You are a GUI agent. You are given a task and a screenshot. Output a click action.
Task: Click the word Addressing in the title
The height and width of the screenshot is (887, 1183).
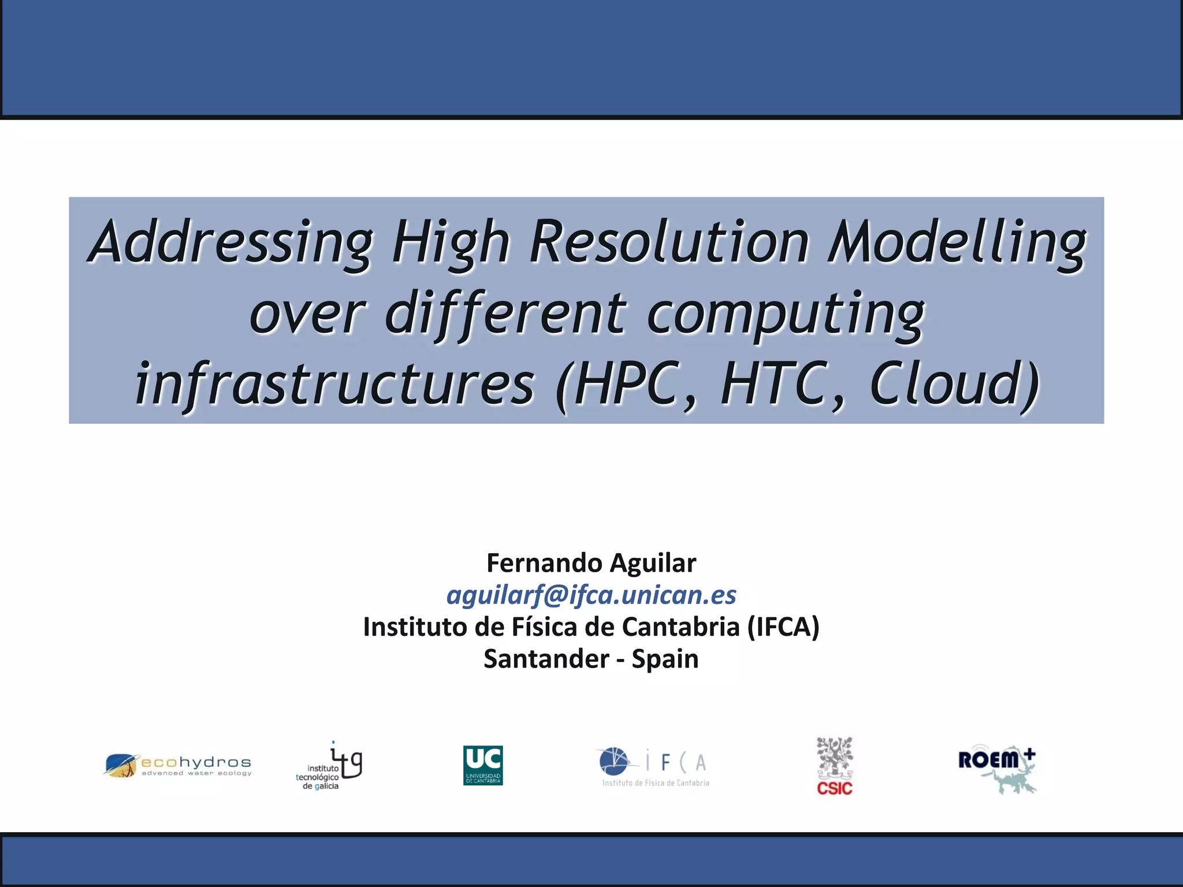(231, 243)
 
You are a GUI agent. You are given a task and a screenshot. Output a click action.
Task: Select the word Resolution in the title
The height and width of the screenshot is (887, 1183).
(670, 243)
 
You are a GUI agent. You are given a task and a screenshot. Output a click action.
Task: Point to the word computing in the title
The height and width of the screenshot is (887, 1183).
(786, 315)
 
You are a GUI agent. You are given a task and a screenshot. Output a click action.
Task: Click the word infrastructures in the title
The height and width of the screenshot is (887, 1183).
(335, 384)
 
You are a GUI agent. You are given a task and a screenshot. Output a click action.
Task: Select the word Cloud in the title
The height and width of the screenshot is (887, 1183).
(953, 384)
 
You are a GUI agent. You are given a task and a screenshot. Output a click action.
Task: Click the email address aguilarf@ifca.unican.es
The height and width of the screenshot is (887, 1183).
(591, 595)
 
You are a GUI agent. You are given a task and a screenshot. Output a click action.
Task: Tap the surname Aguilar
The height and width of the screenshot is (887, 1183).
(653, 563)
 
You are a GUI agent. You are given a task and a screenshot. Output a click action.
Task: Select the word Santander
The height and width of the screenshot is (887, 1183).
(546, 659)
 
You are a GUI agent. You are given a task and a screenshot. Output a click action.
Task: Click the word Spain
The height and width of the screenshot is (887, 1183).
(665, 659)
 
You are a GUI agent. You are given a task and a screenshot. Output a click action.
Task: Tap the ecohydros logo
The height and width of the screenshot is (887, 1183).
(178, 765)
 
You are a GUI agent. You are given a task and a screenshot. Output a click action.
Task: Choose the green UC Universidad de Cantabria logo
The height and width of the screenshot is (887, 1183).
(483, 765)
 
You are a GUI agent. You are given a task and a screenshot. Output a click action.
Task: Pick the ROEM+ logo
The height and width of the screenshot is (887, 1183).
(998, 768)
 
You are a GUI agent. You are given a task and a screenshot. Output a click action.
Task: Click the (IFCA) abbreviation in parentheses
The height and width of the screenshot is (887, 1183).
(783, 627)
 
